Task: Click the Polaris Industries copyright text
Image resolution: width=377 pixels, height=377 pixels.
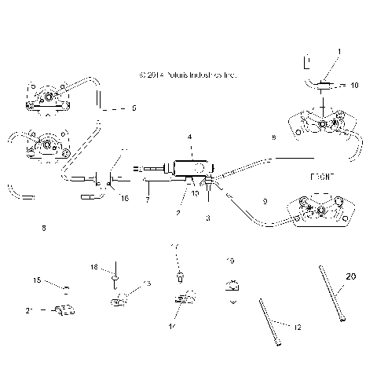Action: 186,75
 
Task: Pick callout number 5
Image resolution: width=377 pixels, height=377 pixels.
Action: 134,108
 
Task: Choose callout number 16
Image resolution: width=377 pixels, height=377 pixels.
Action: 124,199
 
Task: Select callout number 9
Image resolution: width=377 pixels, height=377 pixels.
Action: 264,202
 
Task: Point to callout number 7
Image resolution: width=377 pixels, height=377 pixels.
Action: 147,199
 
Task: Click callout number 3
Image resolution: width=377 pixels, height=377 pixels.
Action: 207,218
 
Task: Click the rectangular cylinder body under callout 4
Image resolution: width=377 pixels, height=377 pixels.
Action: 190,168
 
